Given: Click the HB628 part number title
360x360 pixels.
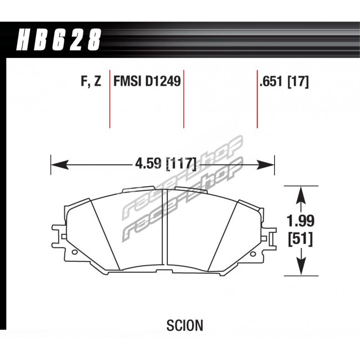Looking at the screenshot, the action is pyautogui.click(x=59, y=39).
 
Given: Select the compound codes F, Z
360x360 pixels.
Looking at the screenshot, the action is pyautogui.click(x=91, y=81).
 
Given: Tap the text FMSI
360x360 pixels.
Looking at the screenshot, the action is pyautogui.click(x=127, y=81).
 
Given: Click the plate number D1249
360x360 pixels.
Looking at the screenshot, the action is pyautogui.click(x=163, y=81).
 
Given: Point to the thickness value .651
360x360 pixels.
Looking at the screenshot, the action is pyautogui.click(x=271, y=82).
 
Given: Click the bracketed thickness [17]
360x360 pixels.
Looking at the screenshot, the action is pyautogui.click(x=298, y=82).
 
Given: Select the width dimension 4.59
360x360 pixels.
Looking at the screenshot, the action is pyautogui.click(x=148, y=164).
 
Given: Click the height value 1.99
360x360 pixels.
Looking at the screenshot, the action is pyautogui.click(x=300, y=221).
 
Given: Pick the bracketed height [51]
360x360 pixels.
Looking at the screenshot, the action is pyautogui.click(x=300, y=239).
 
